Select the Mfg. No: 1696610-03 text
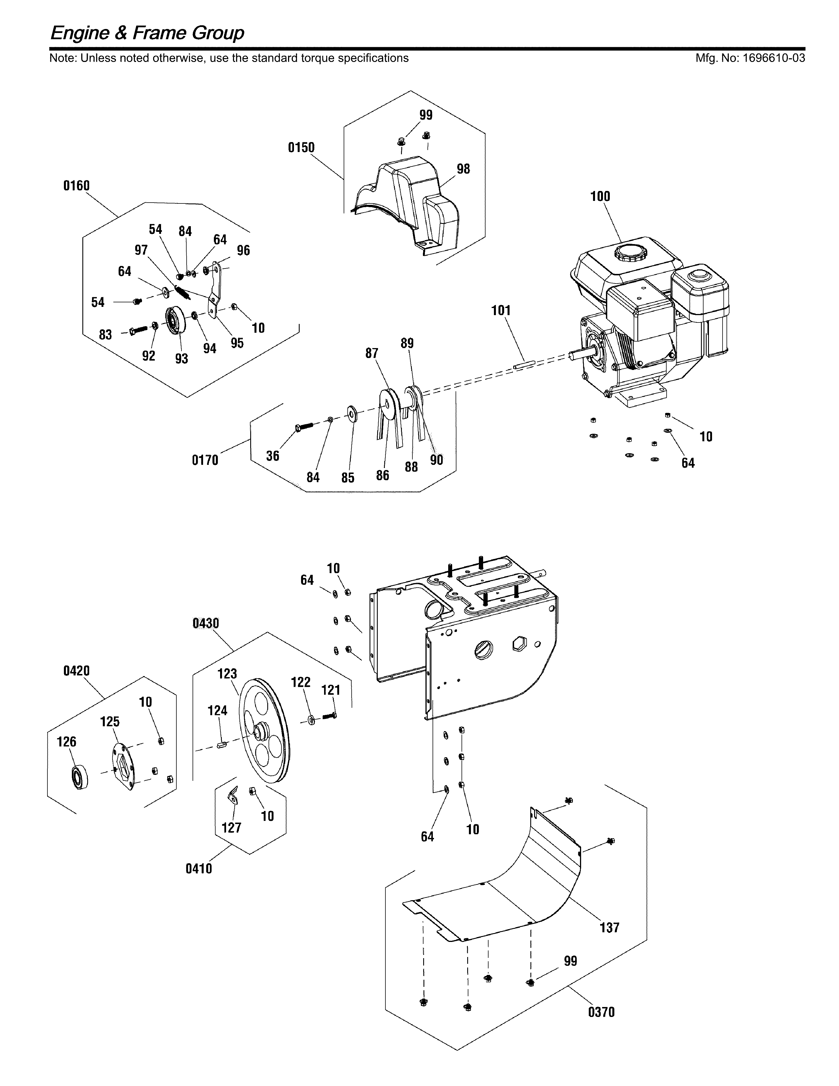[x=750, y=58]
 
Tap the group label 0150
[x=301, y=148]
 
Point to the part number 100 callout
[x=600, y=196]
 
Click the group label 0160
[x=77, y=186]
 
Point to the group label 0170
[x=205, y=460]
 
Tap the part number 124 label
[x=217, y=711]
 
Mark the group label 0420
[x=77, y=671]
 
